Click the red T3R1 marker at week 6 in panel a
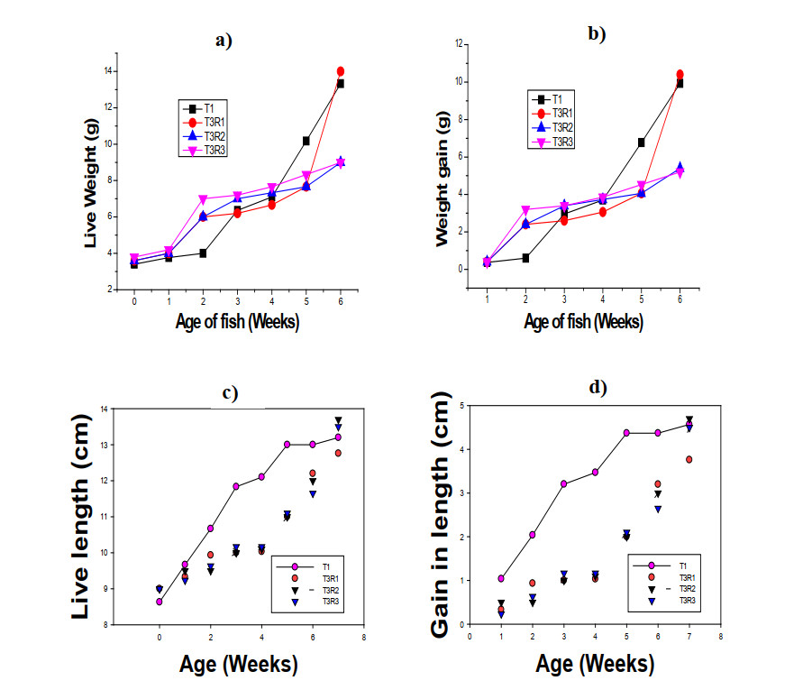(x=341, y=71)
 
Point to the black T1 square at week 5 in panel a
(x=306, y=141)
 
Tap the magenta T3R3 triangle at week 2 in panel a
(x=204, y=198)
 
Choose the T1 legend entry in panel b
(x=554, y=99)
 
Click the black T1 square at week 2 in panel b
(x=525, y=258)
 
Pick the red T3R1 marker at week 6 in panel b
(x=680, y=75)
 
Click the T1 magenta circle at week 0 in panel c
(x=160, y=602)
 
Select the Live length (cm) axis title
(x=83, y=516)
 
